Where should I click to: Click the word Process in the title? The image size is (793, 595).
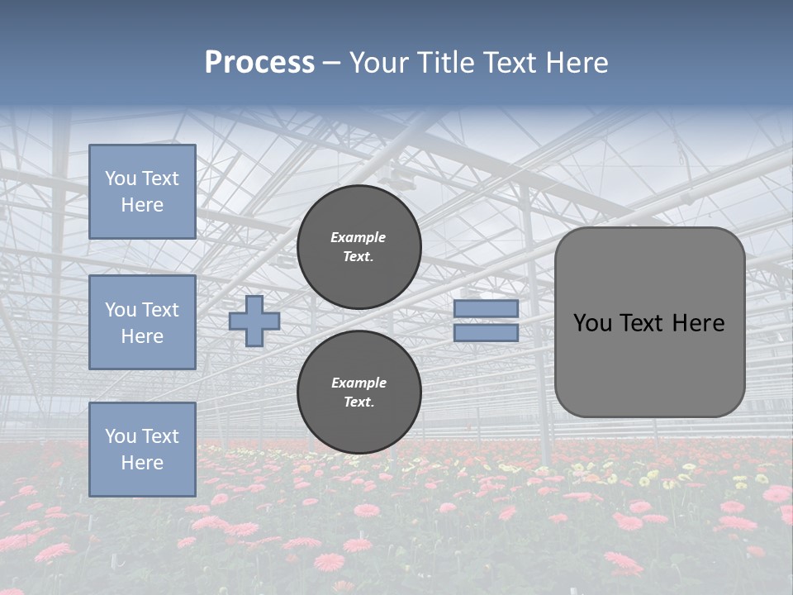click(259, 63)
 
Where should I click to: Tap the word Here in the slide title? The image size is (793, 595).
click(575, 63)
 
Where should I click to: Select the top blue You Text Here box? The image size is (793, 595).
click(142, 192)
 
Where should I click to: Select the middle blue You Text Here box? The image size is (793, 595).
click(142, 322)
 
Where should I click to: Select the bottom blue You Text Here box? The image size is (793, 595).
click(142, 450)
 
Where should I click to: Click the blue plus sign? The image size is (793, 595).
click(254, 321)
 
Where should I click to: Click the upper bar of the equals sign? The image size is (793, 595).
click(486, 308)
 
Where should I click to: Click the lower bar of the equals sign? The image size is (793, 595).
click(486, 333)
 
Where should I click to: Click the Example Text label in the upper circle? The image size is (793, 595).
click(359, 246)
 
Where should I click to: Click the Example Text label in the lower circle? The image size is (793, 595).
click(359, 393)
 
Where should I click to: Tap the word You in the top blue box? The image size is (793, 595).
click(121, 178)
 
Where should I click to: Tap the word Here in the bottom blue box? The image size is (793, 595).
click(142, 463)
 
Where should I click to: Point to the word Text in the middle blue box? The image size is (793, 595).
click(159, 310)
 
